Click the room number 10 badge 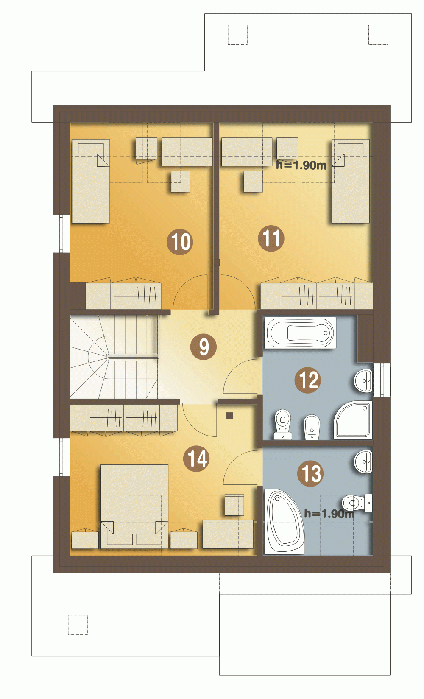[180, 242]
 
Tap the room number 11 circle [271, 238]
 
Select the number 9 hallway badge [204, 347]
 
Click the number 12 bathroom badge [308, 380]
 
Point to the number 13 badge [310, 473]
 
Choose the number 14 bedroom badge [196, 459]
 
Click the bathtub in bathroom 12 [301, 333]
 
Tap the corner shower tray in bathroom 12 [353, 420]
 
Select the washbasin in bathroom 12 [363, 380]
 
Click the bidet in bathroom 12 [312, 427]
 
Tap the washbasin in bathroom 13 [363, 461]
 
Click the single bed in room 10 [90, 181]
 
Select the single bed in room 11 [350, 181]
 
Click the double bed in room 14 [134, 506]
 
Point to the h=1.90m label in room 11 [301, 165]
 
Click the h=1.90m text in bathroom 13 [329, 514]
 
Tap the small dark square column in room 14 [230, 415]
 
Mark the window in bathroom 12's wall [382, 380]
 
